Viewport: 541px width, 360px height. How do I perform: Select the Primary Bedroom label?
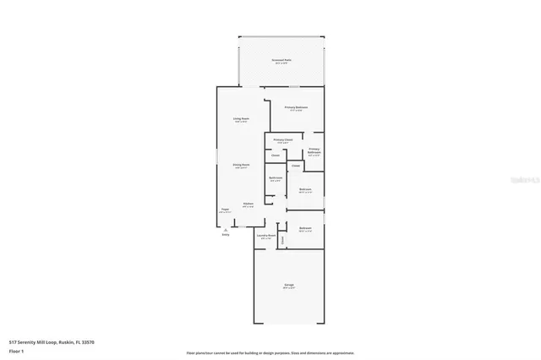296,107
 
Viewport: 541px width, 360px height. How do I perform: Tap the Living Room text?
241,118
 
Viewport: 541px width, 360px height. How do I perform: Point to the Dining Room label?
241,165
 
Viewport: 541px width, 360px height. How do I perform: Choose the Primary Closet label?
283,139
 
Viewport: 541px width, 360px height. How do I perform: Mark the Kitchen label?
249,204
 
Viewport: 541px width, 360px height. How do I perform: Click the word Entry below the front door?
226,235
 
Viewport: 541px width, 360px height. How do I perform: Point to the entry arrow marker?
226,229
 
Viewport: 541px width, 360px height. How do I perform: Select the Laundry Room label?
267,236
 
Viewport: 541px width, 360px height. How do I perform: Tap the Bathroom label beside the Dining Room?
276,177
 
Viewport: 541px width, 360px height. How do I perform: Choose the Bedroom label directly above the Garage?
305,229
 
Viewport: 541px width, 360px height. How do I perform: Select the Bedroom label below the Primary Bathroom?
306,189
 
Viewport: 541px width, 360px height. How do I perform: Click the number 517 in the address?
12,341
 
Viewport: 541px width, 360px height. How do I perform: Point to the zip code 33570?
87,341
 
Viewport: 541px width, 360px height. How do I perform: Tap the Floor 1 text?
16,350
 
